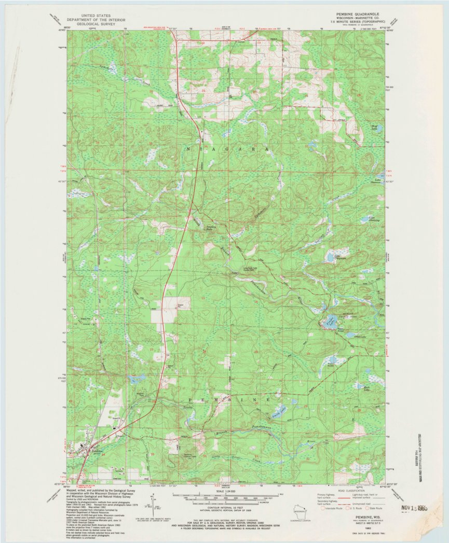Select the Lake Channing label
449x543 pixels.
pos(375,219)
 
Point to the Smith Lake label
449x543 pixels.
pos(276,414)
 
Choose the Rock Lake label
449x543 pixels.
pos(368,388)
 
